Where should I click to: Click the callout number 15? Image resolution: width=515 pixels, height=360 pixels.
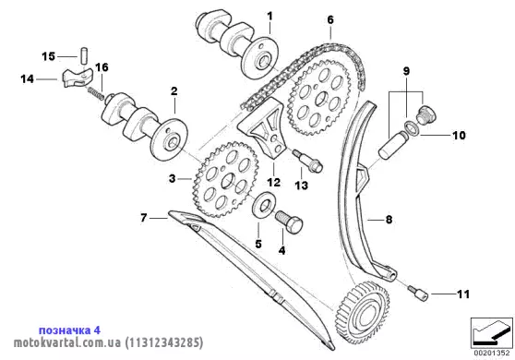pos(48,56)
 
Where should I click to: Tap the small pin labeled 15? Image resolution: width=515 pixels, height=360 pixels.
pos(84,56)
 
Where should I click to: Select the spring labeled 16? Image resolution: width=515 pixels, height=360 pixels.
pos(96,93)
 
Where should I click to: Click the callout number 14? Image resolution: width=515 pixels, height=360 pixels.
pos(28,79)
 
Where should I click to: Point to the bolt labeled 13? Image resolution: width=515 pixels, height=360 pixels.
pos(308,161)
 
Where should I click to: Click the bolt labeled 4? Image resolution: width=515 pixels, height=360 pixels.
pos(289,222)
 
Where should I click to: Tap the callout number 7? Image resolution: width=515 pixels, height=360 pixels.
pos(144,218)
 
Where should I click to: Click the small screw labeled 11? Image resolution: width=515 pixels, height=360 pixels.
pos(418,294)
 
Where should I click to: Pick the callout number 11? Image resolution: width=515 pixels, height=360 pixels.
pos(463,294)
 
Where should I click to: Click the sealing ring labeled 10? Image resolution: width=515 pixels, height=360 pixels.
pos(412,127)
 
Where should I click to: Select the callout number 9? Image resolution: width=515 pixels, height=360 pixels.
pos(407,71)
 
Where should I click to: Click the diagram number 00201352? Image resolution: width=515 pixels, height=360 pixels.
pos(492,354)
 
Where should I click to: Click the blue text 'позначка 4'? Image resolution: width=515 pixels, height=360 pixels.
pos(69,330)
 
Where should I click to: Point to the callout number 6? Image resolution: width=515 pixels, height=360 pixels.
pos(330,19)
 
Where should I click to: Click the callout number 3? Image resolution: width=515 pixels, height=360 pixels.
pos(172,179)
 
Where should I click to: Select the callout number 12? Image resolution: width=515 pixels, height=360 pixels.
pos(273,182)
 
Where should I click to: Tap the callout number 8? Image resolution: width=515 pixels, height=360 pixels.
pos(389,219)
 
